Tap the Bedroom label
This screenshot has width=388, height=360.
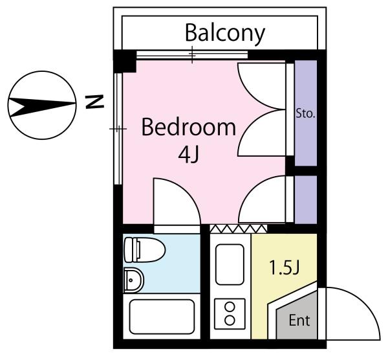pyautogui.click(x=189, y=128)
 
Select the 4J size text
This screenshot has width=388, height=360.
pyautogui.click(x=188, y=155)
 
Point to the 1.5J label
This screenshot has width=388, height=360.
pyautogui.click(x=285, y=268)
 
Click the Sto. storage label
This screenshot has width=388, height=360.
pyautogui.click(x=306, y=114)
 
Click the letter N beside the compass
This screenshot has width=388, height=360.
pyautogui.click(x=94, y=102)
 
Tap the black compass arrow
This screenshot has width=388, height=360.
pyautogui.click(x=41, y=107)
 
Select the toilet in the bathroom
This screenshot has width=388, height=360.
pyautogui.click(x=144, y=250)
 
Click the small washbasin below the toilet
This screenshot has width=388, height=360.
pyautogui.click(x=134, y=280)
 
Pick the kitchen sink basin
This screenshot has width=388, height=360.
pyautogui.click(x=230, y=264)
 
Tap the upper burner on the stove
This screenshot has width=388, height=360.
pyautogui.click(x=230, y=307)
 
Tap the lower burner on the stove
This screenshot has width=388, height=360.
pyautogui.click(x=230, y=321)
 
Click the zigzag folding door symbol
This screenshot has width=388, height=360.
pyautogui.click(x=238, y=229)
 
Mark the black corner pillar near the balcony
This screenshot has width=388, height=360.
pyautogui.click(x=125, y=62)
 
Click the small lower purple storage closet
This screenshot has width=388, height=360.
pyautogui.click(x=306, y=199)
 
